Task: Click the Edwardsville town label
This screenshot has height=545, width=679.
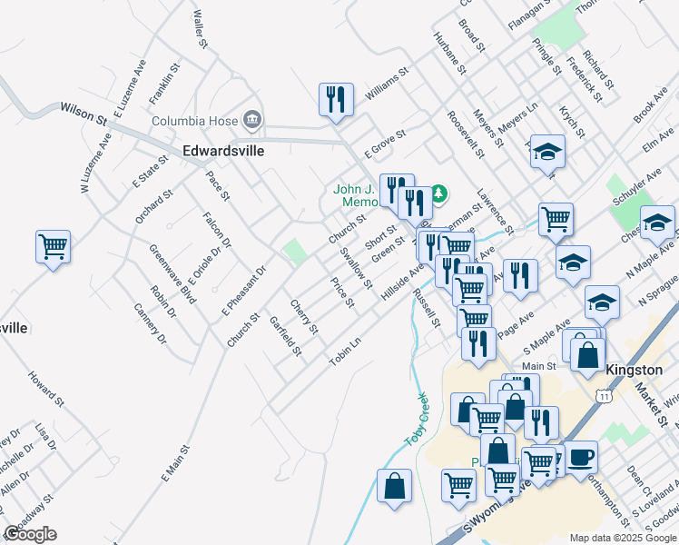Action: click(223, 151)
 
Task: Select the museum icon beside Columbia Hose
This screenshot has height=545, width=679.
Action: click(252, 120)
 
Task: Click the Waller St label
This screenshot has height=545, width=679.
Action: click(202, 29)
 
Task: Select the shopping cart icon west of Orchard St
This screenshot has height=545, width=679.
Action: click(54, 245)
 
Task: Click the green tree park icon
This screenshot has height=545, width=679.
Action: click(438, 193)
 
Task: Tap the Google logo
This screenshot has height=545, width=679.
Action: click(31, 534)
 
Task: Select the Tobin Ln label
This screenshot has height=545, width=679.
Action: click(345, 349)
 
